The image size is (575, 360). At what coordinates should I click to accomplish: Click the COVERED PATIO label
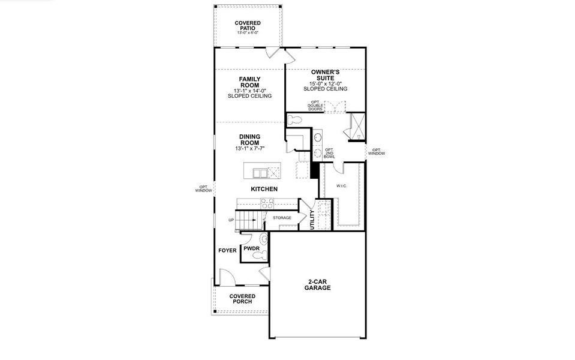click(x=248, y=26)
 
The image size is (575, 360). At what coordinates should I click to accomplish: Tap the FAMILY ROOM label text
click(x=249, y=82)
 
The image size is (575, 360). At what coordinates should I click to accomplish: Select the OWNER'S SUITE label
click(x=326, y=74)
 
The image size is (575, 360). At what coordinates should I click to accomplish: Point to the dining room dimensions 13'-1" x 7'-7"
click(x=249, y=148)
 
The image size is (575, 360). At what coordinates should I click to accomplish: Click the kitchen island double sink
click(x=260, y=173)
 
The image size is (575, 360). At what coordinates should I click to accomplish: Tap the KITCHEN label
click(x=264, y=189)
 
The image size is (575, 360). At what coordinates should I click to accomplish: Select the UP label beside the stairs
click(x=231, y=220)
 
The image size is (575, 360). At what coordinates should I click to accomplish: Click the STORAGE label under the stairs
click(x=282, y=218)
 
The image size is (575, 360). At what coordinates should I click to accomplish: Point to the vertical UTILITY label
click(x=312, y=220)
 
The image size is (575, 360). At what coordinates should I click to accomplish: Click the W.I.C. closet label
click(x=342, y=185)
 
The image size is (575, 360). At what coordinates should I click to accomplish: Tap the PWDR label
click(x=251, y=248)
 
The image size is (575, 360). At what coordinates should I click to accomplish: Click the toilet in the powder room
click(x=259, y=256)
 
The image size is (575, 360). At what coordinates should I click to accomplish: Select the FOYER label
click(x=227, y=250)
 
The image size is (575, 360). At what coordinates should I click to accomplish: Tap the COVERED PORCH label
click(x=242, y=298)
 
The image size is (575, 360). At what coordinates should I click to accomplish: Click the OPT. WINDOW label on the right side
click(x=377, y=152)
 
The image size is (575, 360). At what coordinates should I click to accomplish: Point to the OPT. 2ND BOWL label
click(x=329, y=153)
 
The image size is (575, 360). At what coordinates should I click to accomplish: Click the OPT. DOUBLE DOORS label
click(x=315, y=106)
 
